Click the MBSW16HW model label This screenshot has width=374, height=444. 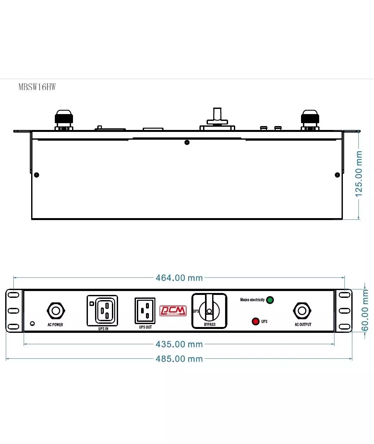tap(37, 87)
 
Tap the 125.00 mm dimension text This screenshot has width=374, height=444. tap(358, 174)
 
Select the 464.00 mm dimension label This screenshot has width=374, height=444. tap(179, 278)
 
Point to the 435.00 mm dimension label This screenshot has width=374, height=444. tap(179, 344)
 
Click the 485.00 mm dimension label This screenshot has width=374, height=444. tap(179, 359)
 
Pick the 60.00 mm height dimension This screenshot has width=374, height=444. tap(365, 310)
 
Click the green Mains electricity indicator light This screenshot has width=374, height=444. tap(270, 300)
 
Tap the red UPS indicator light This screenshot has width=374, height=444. tap(256, 321)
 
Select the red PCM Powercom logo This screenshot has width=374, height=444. tap(173, 311)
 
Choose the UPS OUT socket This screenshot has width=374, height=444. tap(145, 310)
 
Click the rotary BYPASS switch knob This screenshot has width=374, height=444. tap(209, 311)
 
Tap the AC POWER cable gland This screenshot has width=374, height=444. tap(56, 311)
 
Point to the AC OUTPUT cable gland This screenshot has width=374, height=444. tap(302, 311)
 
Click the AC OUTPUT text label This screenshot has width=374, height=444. tap(303, 324)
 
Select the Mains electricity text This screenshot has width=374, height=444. tap(252, 300)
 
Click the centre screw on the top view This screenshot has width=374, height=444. tap(187, 143)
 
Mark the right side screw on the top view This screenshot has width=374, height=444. tap(337, 175)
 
